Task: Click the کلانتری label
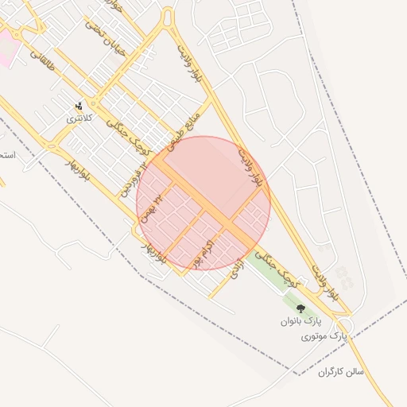[x=79, y=118]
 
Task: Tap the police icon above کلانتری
[x=79, y=106]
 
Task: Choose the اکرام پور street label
[x=203, y=252]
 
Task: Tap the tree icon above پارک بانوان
[x=300, y=308]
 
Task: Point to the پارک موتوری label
[x=325, y=338]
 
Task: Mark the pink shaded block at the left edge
[x=6, y=48]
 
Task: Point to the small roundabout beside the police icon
[x=94, y=104]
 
